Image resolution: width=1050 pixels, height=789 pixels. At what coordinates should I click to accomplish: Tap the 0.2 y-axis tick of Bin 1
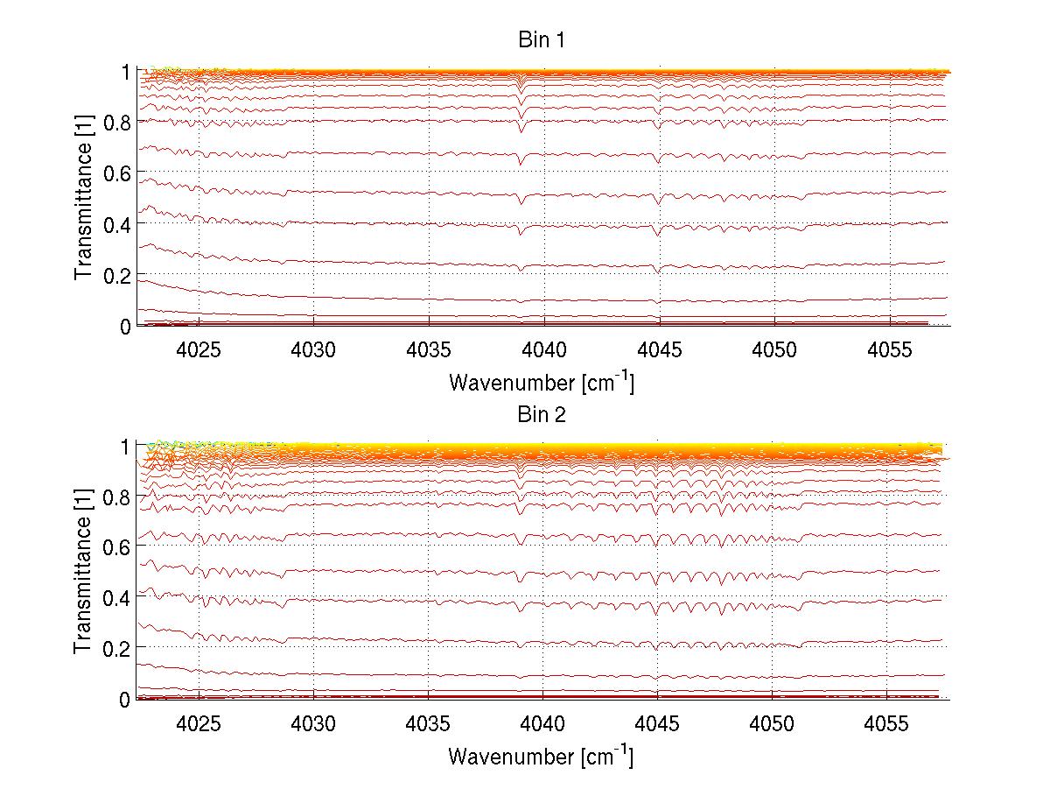pyautogui.click(x=117, y=275)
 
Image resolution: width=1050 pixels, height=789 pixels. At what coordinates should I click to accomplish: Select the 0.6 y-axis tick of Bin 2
pyautogui.click(x=117, y=546)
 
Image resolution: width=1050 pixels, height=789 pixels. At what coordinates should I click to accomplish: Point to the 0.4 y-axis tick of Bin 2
pyautogui.click(x=117, y=597)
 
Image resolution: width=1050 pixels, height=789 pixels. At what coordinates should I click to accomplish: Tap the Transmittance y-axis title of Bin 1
pyautogui.click(x=83, y=198)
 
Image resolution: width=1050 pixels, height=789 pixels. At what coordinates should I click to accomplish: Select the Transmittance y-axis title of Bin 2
pyautogui.click(x=83, y=572)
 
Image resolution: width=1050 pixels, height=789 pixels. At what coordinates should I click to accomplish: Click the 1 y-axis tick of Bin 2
pyautogui.click(x=126, y=446)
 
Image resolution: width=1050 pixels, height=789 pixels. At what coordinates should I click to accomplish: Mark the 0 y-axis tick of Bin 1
pyautogui.click(x=126, y=326)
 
